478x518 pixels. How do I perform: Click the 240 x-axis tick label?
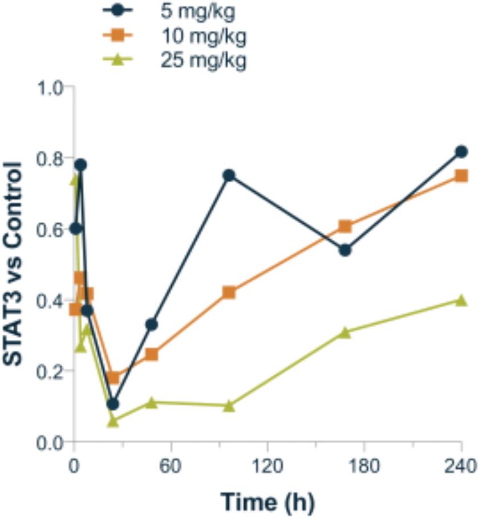coord(461,466)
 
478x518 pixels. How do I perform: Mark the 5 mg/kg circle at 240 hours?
coord(461,152)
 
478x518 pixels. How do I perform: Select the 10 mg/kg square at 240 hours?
coord(461,175)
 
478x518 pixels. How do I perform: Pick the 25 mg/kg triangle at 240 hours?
coord(461,300)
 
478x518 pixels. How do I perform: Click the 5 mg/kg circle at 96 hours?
coord(229,175)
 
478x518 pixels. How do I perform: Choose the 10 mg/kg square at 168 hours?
coord(345,227)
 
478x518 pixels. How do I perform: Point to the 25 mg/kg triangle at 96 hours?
coord(229,405)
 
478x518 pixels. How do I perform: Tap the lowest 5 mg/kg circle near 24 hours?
coord(112,404)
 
